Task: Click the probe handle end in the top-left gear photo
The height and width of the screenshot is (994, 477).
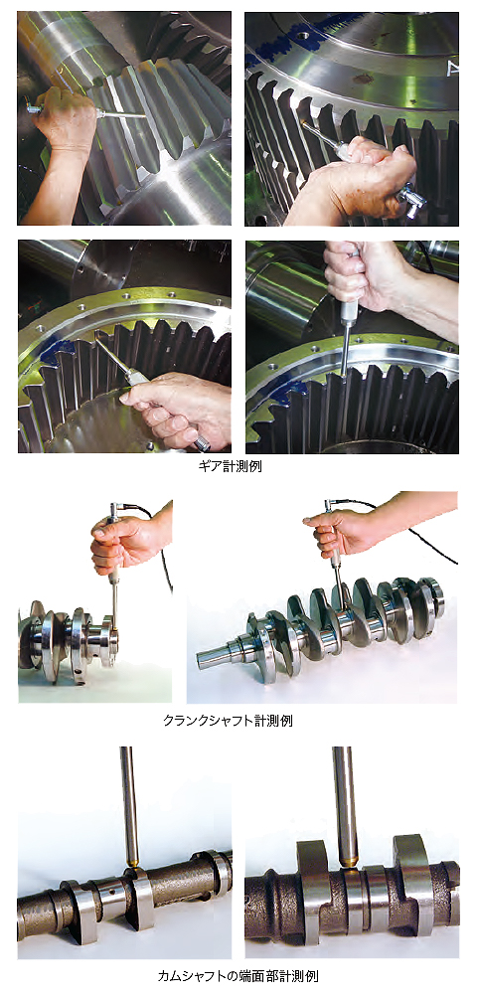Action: [33, 109]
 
